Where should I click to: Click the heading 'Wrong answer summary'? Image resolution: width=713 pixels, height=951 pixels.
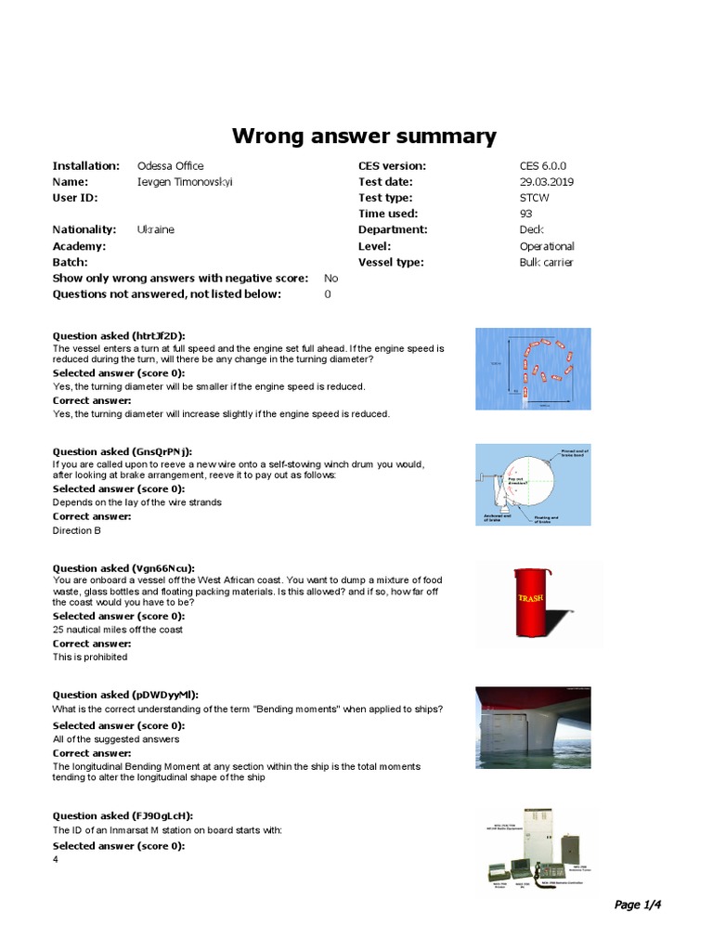pos(364,137)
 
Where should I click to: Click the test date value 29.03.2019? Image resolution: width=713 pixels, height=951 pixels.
pos(547,182)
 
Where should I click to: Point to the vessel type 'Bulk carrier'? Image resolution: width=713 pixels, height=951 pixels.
pos(546,263)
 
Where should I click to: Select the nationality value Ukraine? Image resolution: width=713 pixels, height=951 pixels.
pos(155,229)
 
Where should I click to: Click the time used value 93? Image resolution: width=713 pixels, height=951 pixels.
pos(526,214)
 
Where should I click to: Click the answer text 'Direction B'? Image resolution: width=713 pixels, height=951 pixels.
pos(77,530)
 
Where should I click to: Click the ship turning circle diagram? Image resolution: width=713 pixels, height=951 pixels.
pos(532,369)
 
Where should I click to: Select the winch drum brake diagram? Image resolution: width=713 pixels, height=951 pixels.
pos(532,485)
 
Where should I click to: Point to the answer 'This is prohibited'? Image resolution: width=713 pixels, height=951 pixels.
pos(90,657)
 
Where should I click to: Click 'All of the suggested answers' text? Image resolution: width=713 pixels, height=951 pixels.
pos(116,739)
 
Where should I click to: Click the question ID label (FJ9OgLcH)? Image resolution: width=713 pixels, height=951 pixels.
pos(123,815)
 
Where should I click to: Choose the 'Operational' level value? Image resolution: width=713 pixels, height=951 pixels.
pos(547,246)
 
